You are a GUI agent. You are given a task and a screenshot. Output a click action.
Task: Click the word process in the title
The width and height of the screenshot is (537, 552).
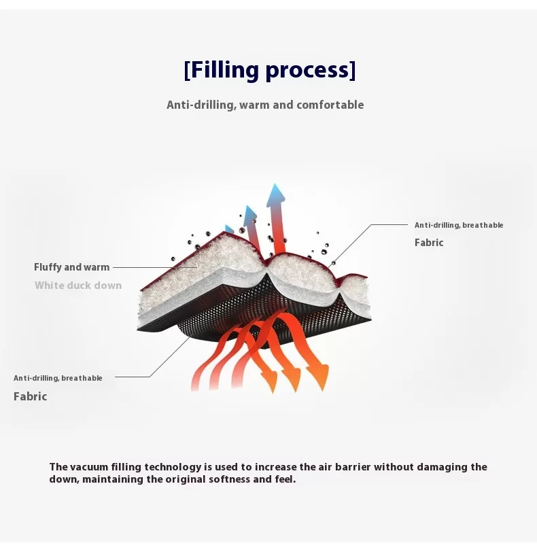point(307,71)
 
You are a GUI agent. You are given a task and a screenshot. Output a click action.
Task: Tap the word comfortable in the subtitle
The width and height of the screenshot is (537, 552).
point(330,105)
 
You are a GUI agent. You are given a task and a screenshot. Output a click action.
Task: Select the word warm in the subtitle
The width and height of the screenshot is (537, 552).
point(255,105)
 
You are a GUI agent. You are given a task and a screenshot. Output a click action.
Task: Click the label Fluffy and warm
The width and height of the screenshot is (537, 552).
point(72,267)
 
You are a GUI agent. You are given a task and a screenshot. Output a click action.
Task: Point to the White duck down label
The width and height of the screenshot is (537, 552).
point(78,285)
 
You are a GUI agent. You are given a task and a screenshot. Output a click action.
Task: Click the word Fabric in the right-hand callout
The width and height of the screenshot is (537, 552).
point(429,243)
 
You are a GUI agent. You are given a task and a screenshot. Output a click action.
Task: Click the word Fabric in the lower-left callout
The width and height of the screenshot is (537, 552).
point(31,396)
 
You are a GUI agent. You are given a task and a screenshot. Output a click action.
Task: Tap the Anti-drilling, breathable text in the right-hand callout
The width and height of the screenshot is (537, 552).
point(459,225)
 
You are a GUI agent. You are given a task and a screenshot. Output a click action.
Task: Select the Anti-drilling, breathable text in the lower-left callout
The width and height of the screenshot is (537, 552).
point(58,378)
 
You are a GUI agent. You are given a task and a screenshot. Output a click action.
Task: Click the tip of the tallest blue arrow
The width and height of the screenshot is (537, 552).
point(275,184)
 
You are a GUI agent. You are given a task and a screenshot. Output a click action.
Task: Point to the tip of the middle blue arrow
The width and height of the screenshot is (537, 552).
point(248,206)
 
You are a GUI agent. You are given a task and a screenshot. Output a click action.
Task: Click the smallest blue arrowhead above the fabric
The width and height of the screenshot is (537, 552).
point(230,229)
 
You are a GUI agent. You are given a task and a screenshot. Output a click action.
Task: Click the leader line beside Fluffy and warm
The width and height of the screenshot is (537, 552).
point(155,267)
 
